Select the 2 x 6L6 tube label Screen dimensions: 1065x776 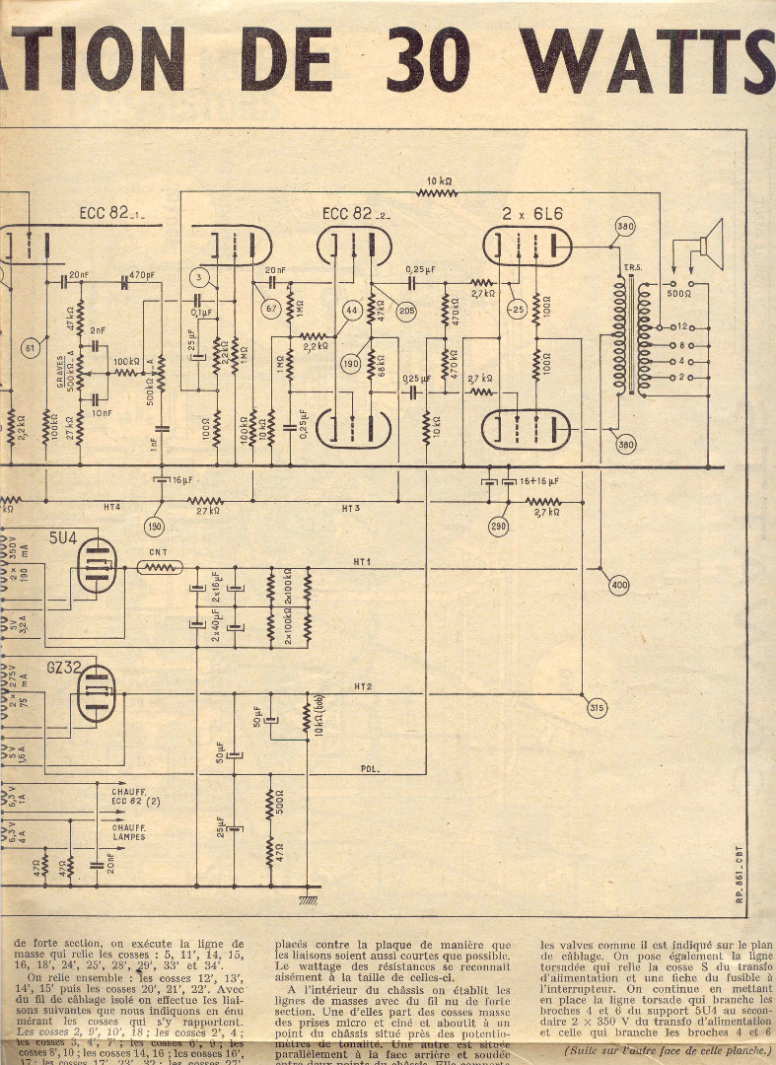pos(528,214)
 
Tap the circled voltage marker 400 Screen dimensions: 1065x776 pos(619,586)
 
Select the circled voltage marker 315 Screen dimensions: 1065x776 pos(597,708)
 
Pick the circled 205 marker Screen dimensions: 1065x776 pos(406,309)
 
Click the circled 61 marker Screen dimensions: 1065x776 pos(31,346)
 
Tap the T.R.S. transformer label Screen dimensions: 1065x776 pos(628,267)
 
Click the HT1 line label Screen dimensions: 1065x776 pos(362,563)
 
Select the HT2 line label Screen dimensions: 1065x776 pos(363,686)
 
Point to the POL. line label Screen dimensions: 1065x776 pos(370,767)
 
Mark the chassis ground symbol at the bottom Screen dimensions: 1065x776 pos(309,898)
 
